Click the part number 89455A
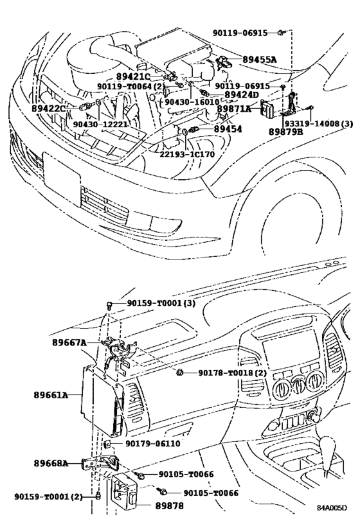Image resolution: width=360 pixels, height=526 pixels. coord(260,60)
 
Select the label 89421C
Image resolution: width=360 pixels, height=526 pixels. coord(133,76)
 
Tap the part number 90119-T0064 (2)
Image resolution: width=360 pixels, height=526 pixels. coord(132,85)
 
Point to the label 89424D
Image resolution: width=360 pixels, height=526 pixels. coord(241,95)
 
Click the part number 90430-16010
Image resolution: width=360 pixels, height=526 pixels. coord(191,101)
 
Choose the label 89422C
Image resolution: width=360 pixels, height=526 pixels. coord(48,109)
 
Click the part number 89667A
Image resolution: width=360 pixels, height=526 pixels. coord(69,343)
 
